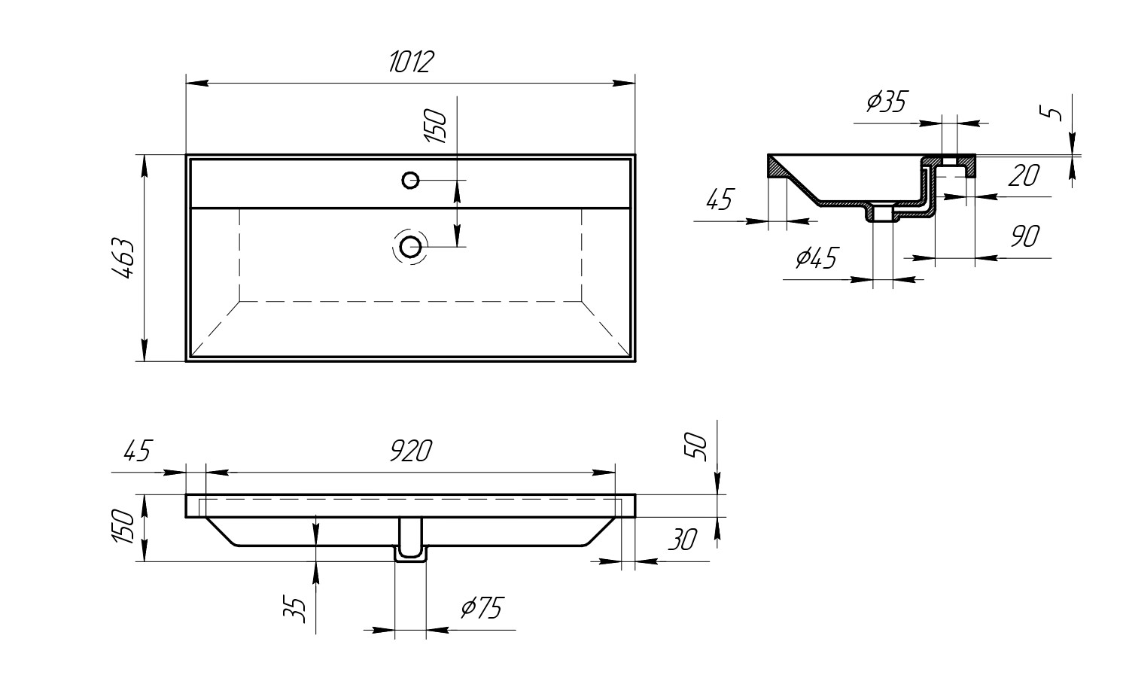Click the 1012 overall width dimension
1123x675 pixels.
pyautogui.click(x=411, y=62)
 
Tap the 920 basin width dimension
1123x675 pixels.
pyautogui.click(x=411, y=452)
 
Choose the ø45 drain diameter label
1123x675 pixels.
pyautogui.click(x=816, y=259)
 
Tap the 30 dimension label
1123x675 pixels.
pyautogui.click(x=681, y=539)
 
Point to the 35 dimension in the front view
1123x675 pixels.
pyautogui.click(x=298, y=609)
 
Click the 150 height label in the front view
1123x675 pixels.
pyautogui.click(x=125, y=527)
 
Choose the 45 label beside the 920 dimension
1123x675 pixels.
pyautogui.click(x=136, y=452)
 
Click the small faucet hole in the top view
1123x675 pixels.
pyautogui.click(x=410, y=180)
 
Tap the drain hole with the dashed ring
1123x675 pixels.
pyautogui.click(x=410, y=246)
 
